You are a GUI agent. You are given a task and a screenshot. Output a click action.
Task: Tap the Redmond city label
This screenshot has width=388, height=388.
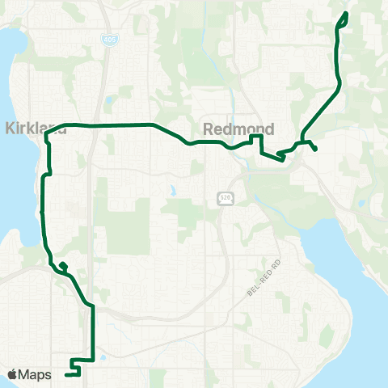pos(238,129)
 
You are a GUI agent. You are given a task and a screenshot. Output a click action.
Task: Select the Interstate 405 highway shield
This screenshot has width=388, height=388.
pos(108,38)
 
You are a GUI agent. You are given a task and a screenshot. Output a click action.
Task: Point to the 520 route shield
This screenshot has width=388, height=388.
pos(225,198)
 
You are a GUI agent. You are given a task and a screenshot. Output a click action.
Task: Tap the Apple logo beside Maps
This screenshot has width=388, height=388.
pos(12,374)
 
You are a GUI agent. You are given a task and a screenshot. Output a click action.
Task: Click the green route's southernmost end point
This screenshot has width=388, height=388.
pos(66,374)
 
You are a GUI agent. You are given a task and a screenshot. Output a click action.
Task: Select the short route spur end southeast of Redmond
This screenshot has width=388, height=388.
pos(314,150)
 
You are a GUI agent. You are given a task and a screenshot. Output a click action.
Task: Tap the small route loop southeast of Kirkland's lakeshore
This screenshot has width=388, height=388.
pos(62,265)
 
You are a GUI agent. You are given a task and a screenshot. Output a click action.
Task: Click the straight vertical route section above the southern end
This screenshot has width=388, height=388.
pos(92,331)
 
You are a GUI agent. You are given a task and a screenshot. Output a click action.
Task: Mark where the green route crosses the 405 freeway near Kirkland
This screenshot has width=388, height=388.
pos(95,125)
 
